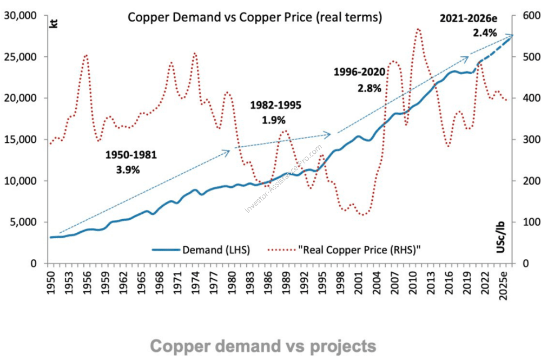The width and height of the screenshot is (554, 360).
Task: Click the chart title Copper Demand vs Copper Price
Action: coord(255,17)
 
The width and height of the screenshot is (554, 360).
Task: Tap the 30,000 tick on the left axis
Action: coord(25,16)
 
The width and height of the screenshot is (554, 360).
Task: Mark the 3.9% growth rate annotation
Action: coord(128,169)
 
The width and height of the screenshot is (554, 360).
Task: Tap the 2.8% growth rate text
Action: coord(370,87)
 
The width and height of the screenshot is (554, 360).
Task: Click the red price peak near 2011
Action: coord(418,30)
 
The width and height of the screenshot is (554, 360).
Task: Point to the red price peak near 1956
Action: coord(85,55)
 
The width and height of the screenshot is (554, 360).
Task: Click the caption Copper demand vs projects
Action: coord(262,346)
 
